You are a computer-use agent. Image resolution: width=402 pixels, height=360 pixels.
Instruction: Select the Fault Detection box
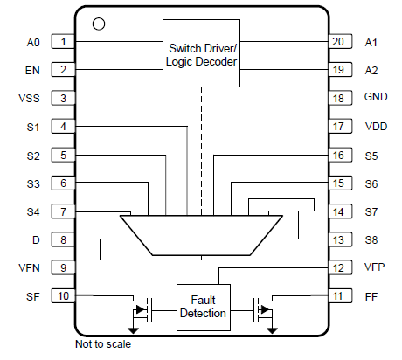pos(202,307)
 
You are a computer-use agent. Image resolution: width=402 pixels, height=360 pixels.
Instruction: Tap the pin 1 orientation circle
pos(98,24)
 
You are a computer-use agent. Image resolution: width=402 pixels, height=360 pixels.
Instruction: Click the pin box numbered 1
pos(63,42)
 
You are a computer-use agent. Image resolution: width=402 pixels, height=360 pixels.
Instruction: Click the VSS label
pos(29,98)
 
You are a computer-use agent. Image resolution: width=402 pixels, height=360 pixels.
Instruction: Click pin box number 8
pos(63,239)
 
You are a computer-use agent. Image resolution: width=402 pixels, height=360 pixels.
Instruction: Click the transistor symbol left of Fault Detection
pos(140,308)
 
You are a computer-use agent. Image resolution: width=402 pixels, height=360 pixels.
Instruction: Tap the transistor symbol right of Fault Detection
pos(263,308)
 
